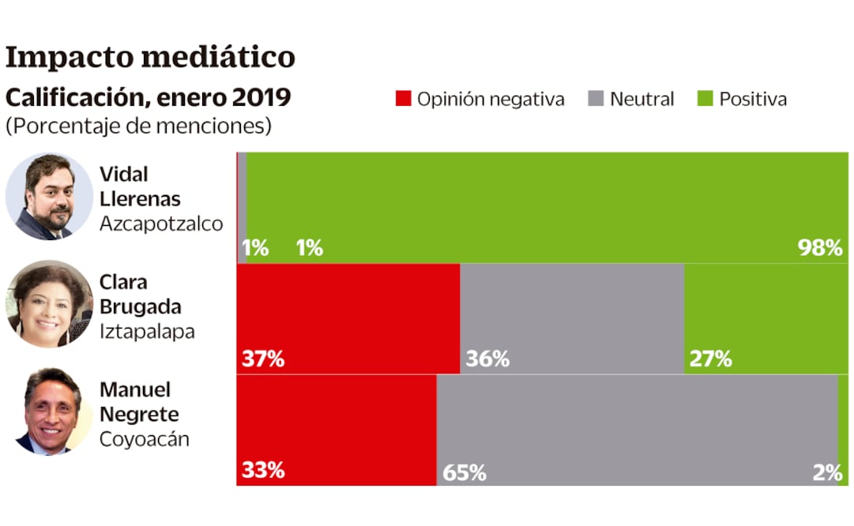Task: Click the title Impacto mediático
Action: coord(150,57)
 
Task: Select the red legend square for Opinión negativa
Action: coord(403,99)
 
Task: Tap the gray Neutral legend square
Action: coord(596,99)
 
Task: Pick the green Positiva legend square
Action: coord(705,99)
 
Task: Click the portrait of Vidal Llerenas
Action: coord(49,197)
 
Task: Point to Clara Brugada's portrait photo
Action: coord(49,304)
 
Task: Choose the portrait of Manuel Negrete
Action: coord(49,411)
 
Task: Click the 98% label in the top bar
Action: coord(820,248)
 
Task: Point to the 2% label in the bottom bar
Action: coord(827,472)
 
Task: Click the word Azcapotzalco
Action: coord(161,224)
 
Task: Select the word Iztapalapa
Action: coord(147,332)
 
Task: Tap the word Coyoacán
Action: coord(145,439)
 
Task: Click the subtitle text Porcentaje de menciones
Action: coord(138,126)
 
